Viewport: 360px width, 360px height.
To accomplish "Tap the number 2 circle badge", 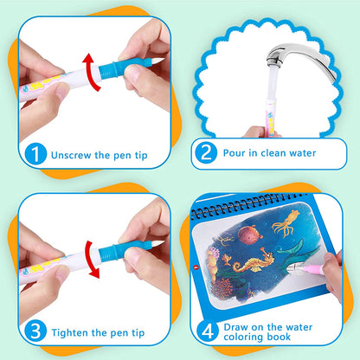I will coord(206,154).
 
